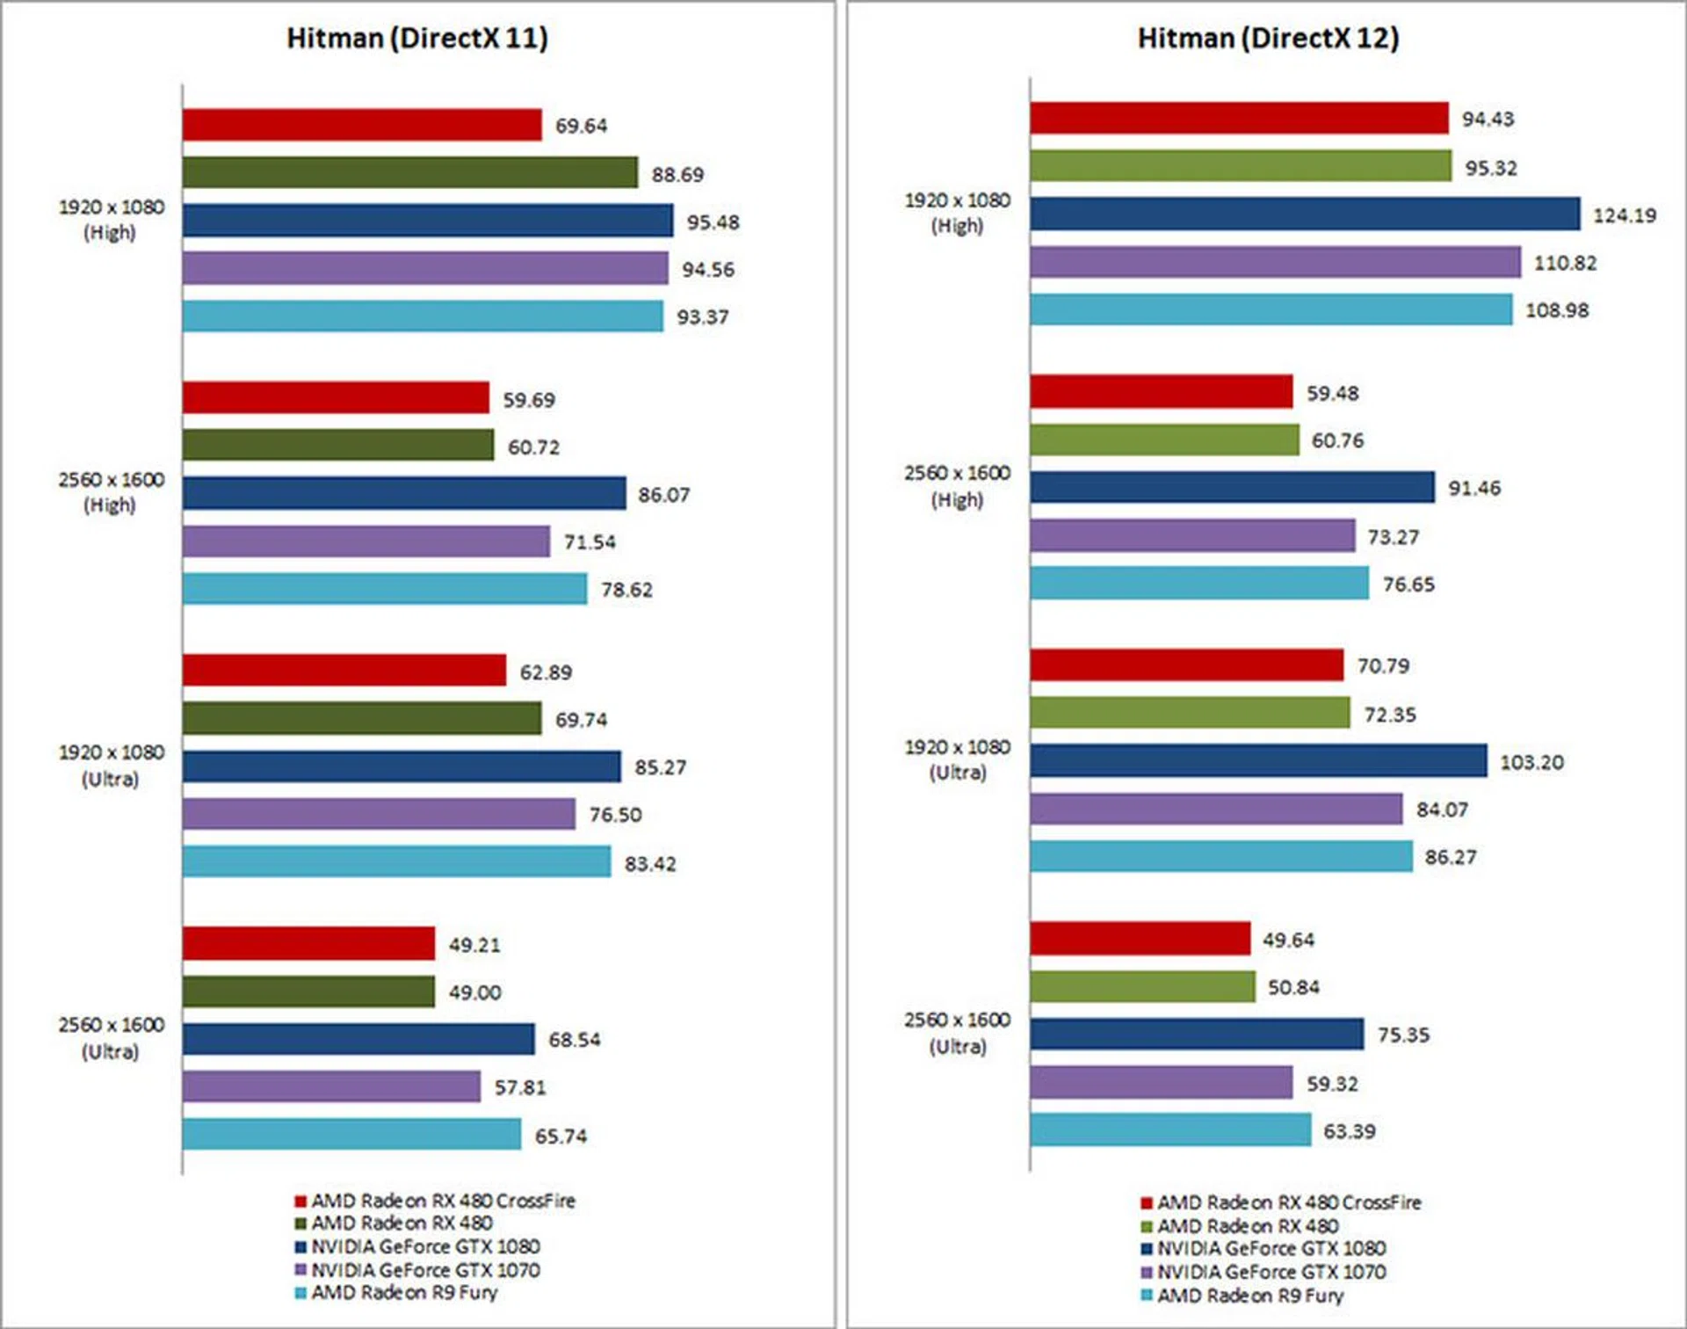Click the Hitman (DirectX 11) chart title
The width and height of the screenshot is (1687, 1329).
417,39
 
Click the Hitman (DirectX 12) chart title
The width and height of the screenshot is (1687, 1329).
1268,39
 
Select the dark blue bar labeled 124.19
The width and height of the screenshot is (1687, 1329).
1304,214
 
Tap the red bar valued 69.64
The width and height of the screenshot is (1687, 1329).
362,125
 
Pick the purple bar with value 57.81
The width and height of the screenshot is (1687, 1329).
331,1086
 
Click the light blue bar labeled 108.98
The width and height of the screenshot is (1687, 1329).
1271,309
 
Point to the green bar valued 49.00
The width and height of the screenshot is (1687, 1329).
308,991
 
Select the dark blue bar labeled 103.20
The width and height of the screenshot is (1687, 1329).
1258,761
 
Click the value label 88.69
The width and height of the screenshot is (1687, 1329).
677,175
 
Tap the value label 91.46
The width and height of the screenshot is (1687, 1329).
1474,488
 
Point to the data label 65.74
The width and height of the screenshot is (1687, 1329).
561,1136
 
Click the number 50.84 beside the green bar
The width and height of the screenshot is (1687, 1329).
1293,988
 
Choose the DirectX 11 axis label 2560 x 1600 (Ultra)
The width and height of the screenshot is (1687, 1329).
111,1038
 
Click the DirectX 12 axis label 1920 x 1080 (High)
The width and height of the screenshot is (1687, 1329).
958,214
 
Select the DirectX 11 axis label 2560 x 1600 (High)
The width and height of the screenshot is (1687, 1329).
111,492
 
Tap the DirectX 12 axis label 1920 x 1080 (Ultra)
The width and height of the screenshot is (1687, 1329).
958,759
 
